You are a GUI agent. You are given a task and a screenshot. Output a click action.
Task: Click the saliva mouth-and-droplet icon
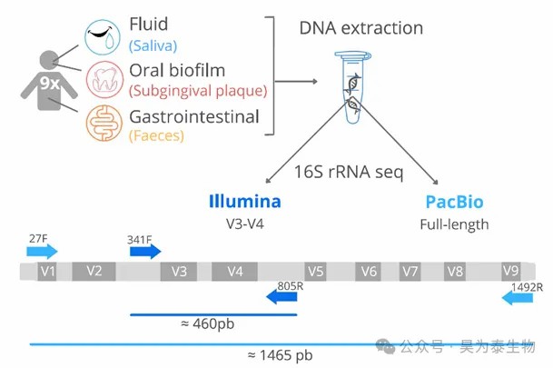coord(103,37)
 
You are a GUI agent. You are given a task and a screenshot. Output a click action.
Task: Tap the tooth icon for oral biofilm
coord(104,79)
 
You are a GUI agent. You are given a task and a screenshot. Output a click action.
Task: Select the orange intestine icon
coord(104,124)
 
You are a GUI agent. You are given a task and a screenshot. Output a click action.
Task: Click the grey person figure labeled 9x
coord(49,81)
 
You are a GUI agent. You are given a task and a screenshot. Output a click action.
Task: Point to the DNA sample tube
coord(352,87)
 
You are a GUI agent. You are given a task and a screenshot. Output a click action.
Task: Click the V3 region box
coord(179,272)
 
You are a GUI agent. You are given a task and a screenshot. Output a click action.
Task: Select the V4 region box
coord(234,272)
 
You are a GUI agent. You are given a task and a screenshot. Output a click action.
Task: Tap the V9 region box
coord(510,271)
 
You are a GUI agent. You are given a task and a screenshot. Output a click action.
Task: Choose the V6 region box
coord(368,272)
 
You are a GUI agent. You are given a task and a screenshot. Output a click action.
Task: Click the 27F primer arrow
coord(42,252)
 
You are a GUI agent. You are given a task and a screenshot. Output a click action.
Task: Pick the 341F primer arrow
coord(145,252)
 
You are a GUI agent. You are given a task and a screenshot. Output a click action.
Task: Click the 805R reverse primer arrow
coord(281,297)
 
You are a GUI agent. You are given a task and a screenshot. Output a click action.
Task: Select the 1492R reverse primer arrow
coord(518,298)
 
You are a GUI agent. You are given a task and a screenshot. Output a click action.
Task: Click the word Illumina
coord(245,202)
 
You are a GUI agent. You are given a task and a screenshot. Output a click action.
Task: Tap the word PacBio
coord(454,202)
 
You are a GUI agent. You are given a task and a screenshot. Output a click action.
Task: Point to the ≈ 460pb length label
coord(207,323)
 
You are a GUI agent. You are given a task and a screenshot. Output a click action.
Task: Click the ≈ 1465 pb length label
coord(281,355)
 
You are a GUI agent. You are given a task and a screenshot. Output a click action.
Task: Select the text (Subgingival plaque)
coord(198,91)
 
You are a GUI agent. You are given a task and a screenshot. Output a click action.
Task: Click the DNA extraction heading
coord(361,28)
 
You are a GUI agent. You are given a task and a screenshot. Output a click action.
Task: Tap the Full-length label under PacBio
coord(454,224)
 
